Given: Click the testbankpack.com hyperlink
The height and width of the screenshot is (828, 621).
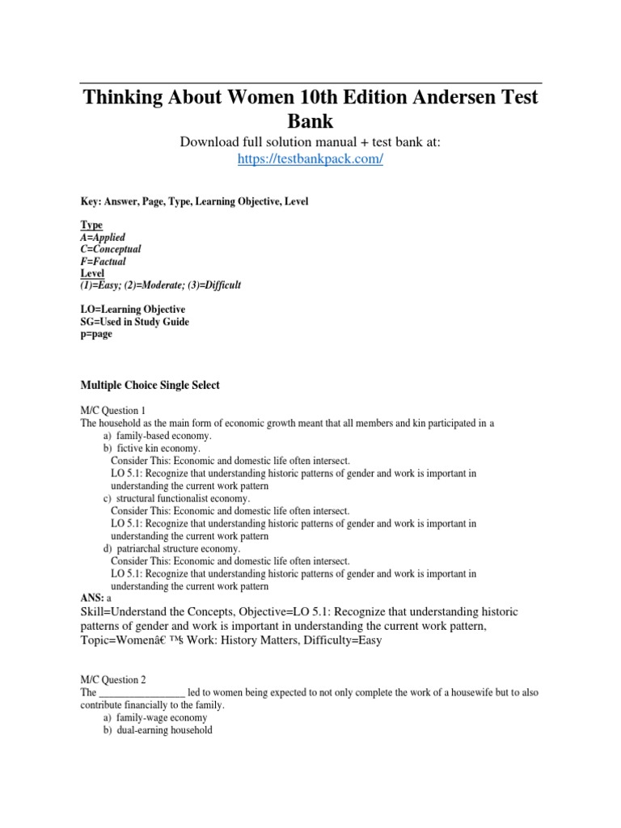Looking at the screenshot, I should point(310,159).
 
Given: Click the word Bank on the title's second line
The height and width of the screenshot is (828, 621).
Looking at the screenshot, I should point(310,120).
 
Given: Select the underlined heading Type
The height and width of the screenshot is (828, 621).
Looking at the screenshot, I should point(91,225).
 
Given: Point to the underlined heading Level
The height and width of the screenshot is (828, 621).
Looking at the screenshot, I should point(93,273).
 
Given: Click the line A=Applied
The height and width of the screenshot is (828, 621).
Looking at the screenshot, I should point(103,238).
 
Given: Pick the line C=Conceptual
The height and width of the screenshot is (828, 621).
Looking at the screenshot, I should point(111,250).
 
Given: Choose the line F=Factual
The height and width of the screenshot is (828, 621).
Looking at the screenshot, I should point(103,262).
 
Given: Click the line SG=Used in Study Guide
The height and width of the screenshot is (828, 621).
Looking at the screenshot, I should point(134,322).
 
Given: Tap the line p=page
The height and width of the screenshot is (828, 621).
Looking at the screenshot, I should point(96,334).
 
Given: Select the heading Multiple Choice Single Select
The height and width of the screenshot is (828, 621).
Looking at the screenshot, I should point(150,386).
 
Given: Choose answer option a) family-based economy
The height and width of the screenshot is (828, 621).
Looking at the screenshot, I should point(157,435).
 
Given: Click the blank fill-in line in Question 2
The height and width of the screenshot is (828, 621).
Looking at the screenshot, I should point(142,693).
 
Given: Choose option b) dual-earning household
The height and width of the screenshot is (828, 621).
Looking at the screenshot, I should point(157,730).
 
